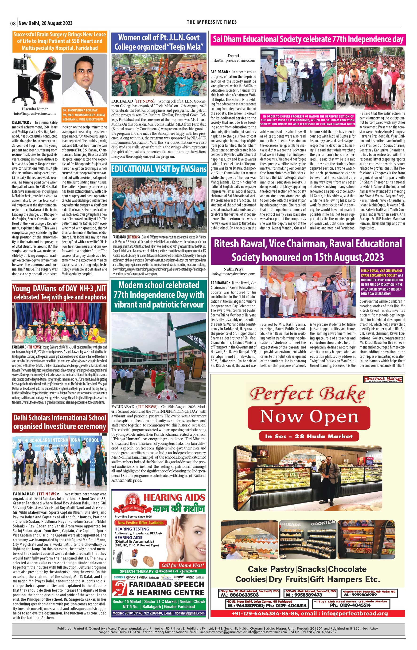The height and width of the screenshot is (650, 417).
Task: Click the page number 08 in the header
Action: (x=13, y=23)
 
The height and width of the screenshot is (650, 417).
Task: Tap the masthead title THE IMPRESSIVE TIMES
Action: (x=211, y=22)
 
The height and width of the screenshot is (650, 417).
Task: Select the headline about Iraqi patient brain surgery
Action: (x=60, y=41)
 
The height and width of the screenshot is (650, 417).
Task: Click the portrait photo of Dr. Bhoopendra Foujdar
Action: (x=85, y=80)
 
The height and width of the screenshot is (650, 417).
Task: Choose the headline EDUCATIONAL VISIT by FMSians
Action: (x=159, y=169)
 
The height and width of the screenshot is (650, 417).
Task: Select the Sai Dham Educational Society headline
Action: (x=308, y=39)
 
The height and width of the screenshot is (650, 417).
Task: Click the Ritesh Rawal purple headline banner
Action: (x=308, y=251)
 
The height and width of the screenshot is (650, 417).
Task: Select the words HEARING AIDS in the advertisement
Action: (x=174, y=498)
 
